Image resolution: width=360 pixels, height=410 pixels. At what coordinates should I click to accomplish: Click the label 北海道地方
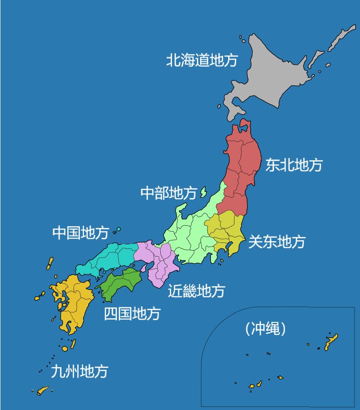201,60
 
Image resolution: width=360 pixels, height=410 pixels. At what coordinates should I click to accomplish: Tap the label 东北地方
294,165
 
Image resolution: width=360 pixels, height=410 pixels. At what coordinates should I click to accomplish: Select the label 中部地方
168,193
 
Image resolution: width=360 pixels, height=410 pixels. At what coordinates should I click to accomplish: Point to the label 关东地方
276,242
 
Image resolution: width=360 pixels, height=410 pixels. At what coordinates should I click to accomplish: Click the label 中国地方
80,233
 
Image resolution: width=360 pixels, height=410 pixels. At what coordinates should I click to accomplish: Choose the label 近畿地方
196,290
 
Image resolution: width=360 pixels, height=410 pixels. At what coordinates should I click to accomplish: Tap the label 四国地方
132,313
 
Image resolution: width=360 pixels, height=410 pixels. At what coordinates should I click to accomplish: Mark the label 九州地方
79,371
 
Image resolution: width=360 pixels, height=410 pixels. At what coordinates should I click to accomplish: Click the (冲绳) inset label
266,328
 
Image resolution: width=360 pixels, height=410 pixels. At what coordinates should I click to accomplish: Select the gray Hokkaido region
271,72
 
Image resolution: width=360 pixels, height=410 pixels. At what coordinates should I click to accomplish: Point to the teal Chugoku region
111,258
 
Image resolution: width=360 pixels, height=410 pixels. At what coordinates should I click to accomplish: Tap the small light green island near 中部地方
203,192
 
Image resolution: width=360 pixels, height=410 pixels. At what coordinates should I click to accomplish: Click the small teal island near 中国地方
118,229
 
